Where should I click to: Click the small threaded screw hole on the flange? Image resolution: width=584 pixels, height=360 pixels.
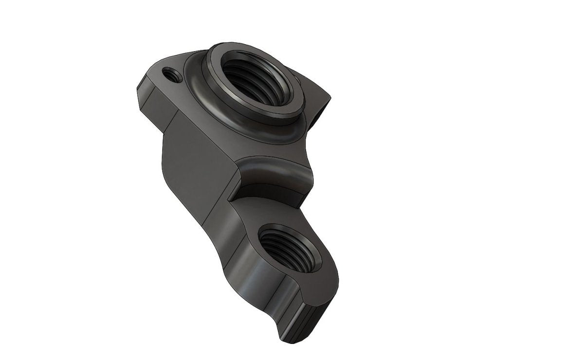171,75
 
